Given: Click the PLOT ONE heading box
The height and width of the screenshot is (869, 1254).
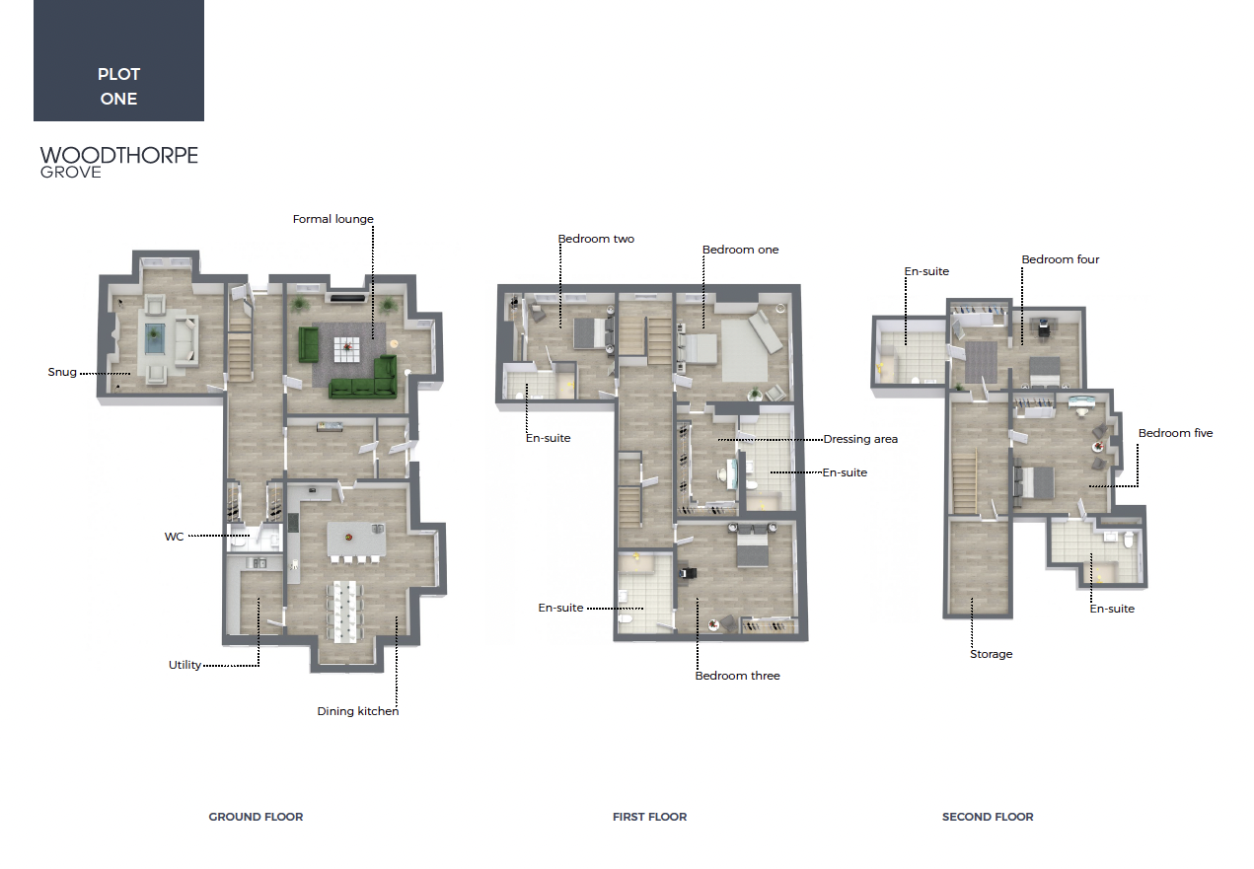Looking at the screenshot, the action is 118,60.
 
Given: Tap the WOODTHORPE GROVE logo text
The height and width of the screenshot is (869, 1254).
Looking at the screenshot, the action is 118,163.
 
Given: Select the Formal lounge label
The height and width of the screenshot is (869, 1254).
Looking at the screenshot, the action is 333,219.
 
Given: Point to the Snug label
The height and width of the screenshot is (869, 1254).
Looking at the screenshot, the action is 62,372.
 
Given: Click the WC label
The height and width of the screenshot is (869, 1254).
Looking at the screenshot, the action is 174,537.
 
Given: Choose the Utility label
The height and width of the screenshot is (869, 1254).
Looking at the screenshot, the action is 184,665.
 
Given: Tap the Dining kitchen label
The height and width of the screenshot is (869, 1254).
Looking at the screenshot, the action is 358,711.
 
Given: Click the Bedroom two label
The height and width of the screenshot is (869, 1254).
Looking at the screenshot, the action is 596,239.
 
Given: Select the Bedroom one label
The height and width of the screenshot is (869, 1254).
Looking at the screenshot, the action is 741,251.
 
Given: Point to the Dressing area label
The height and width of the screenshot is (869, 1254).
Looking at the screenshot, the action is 860,439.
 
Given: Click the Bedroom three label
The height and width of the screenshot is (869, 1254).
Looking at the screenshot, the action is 737,676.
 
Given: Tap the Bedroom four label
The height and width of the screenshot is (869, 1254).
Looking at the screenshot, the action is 1061,259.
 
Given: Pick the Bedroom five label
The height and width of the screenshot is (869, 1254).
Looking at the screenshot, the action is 1176,433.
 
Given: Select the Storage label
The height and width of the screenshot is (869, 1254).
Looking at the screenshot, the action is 991,654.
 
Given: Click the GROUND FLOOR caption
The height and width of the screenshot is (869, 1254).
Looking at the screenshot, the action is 256,817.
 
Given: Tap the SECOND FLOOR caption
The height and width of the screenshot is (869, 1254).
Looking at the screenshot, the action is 988,817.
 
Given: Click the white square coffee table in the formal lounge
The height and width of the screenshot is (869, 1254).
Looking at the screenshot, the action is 347,350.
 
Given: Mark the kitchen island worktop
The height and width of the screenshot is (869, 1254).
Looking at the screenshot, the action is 356,540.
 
